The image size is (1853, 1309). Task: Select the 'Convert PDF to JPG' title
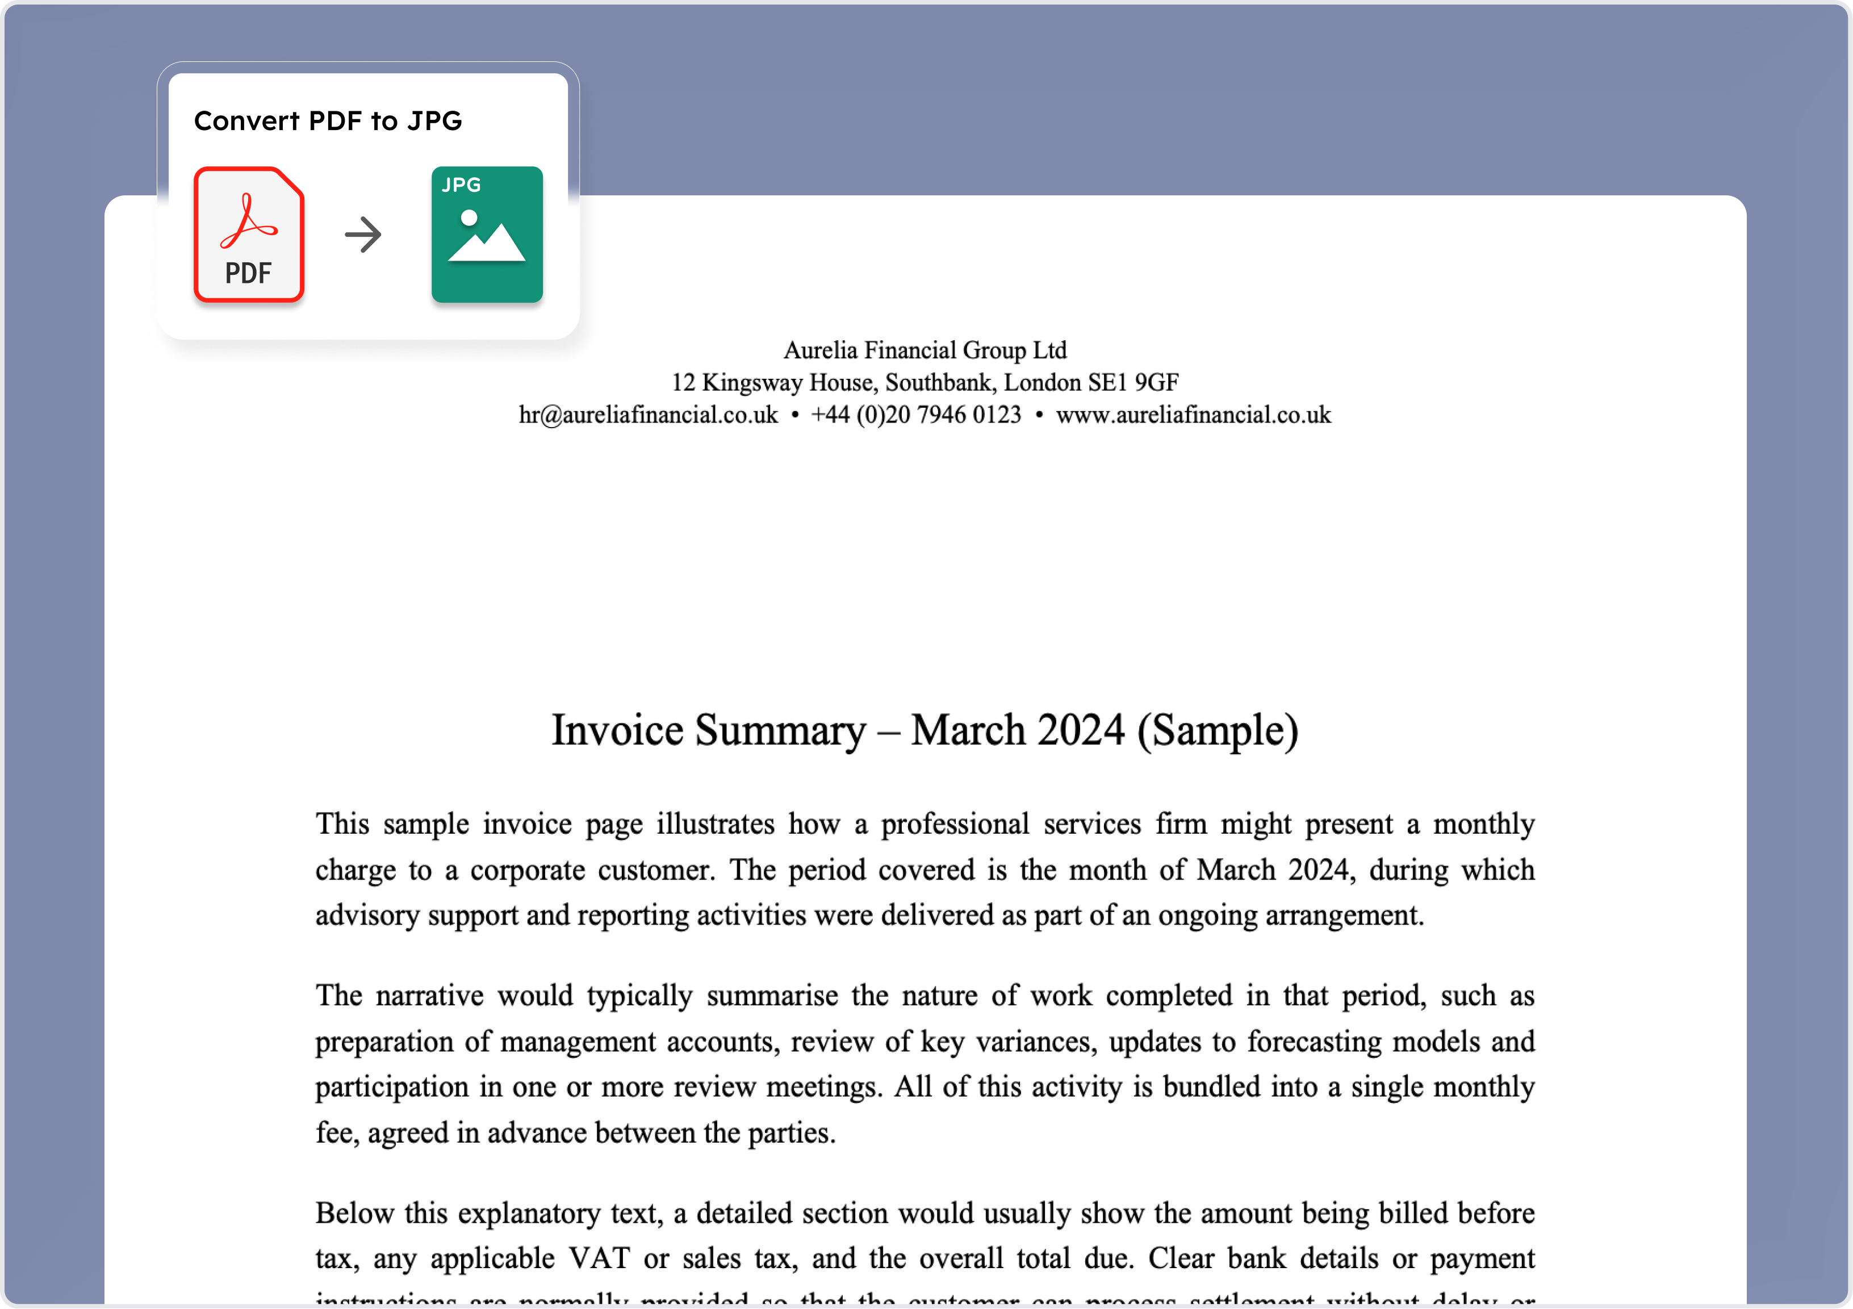pos(328,121)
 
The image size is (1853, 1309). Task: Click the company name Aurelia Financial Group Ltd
pos(925,350)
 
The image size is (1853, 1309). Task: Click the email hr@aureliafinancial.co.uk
pos(648,415)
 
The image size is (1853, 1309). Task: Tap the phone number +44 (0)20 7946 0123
pos(916,415)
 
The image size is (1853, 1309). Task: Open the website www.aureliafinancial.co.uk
pos(1193,415)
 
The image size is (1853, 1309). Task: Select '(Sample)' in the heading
pos(1218,730)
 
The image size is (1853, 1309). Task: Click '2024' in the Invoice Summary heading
pos(1081,730)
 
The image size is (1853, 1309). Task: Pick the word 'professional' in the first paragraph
pos(955,824)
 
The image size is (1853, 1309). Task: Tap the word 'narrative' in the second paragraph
pos(429,996)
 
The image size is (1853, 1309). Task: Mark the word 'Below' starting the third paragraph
pos(353,1213)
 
